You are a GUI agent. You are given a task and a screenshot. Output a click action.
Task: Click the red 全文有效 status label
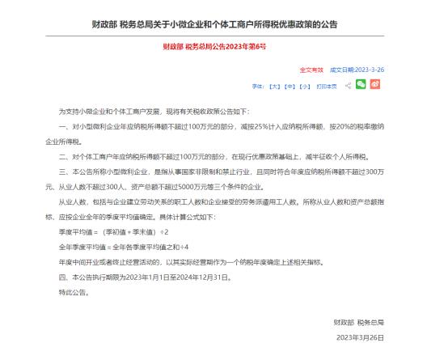point(311,70)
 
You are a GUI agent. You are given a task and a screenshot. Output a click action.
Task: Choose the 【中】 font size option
point(291,85)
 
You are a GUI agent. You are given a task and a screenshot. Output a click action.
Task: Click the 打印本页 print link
point(328,85)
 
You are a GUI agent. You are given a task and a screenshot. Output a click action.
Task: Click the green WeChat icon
point(361,84)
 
